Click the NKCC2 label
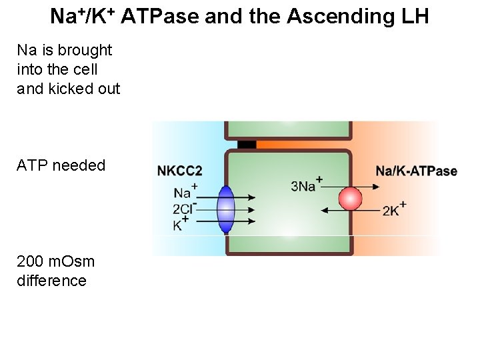[x=179, y=171]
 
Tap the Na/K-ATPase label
[x=416, y=171]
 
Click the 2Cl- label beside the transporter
[x=185, y=209]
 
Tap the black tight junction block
[x=247, y=145]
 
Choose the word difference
[x=51, y=281]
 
